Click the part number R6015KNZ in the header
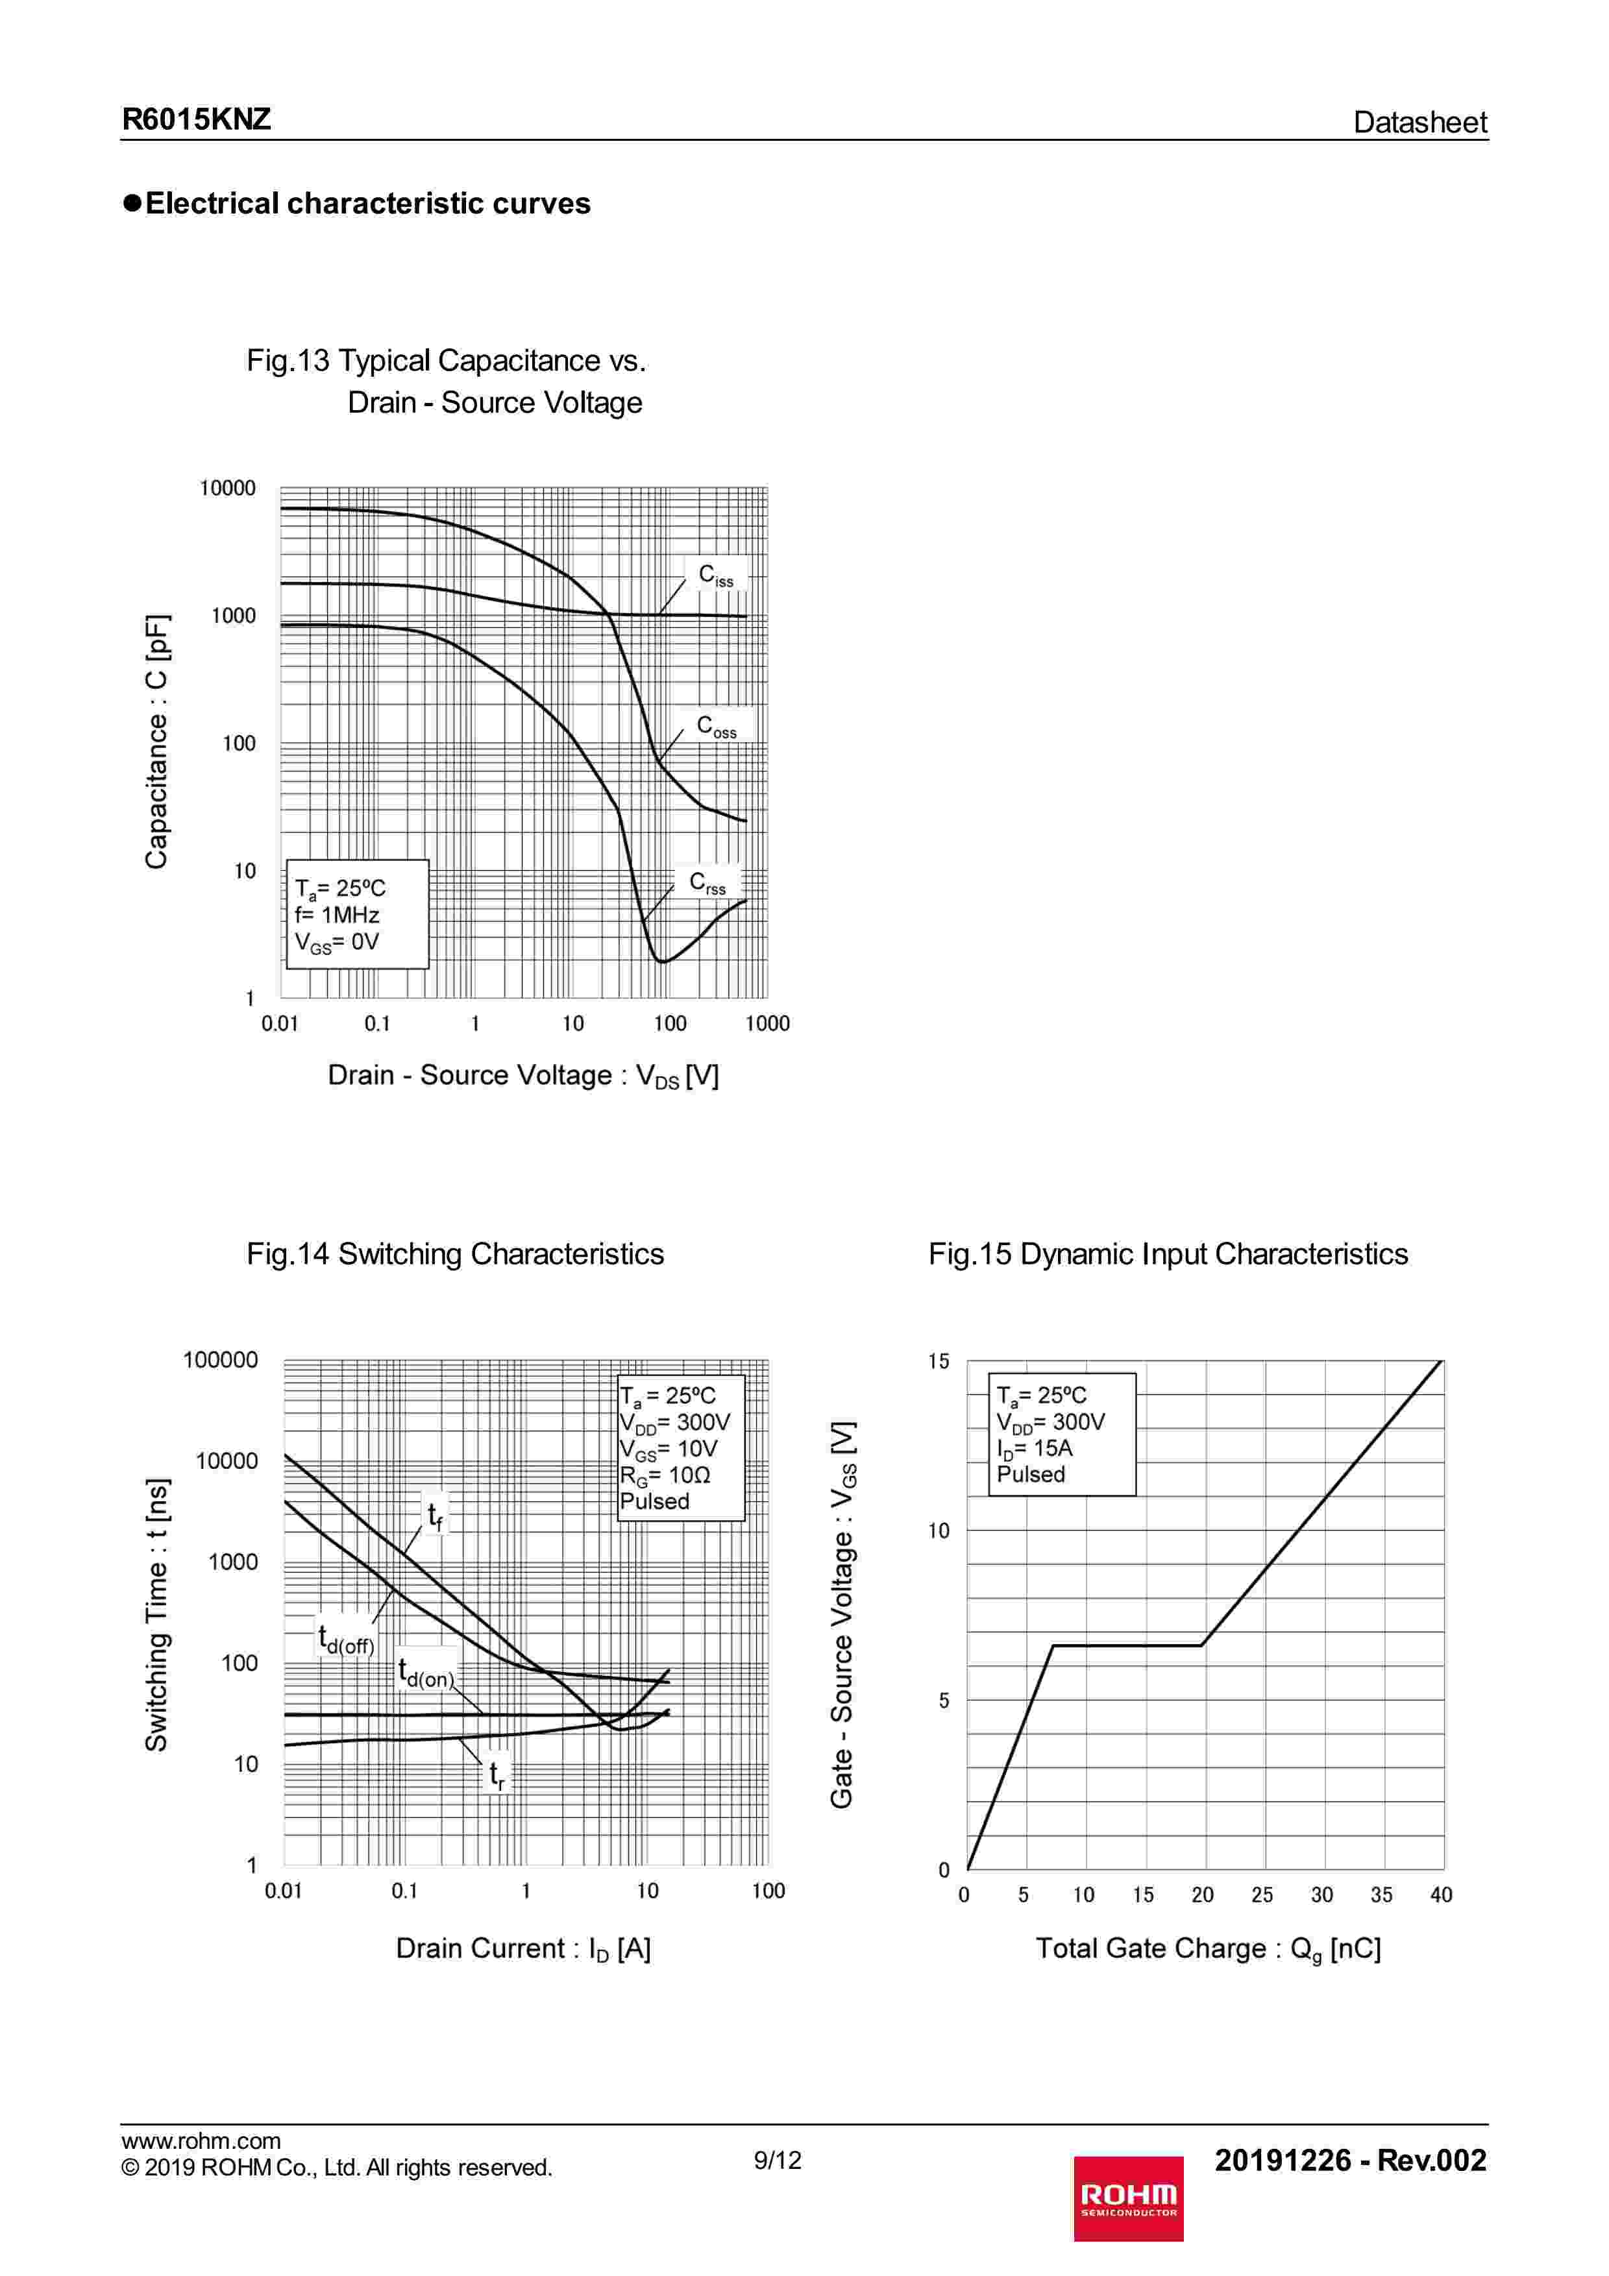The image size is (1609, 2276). pyautogui.click(x=196, y=120)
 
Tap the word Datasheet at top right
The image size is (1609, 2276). pyautogui.click(x=1419, y=123)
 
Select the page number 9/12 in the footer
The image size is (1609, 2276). pyautogui.click(x=777, y=2160)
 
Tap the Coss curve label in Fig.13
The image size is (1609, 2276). pyautogui.click(x=716, y=727)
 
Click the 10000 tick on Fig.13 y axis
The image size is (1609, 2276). pyautogui.click(x=227, y=489)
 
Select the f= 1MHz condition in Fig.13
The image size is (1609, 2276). pyautogui.click(x=337, y=915)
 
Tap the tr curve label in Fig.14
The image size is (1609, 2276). pyautogui.click(x=497, y=1775)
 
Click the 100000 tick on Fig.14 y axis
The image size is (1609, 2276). pyautogui.click(x=220, y=1360)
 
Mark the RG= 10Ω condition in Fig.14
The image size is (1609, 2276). pyautogui.click(x=665, y=1475)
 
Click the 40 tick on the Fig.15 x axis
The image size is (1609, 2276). pyautogui.click(x=1440, y=1895)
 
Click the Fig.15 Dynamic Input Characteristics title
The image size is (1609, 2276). pyautogui.click(x=1168, y=1254)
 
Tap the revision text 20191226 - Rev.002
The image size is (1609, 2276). pyautogui.click(x=1350, y=2160)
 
